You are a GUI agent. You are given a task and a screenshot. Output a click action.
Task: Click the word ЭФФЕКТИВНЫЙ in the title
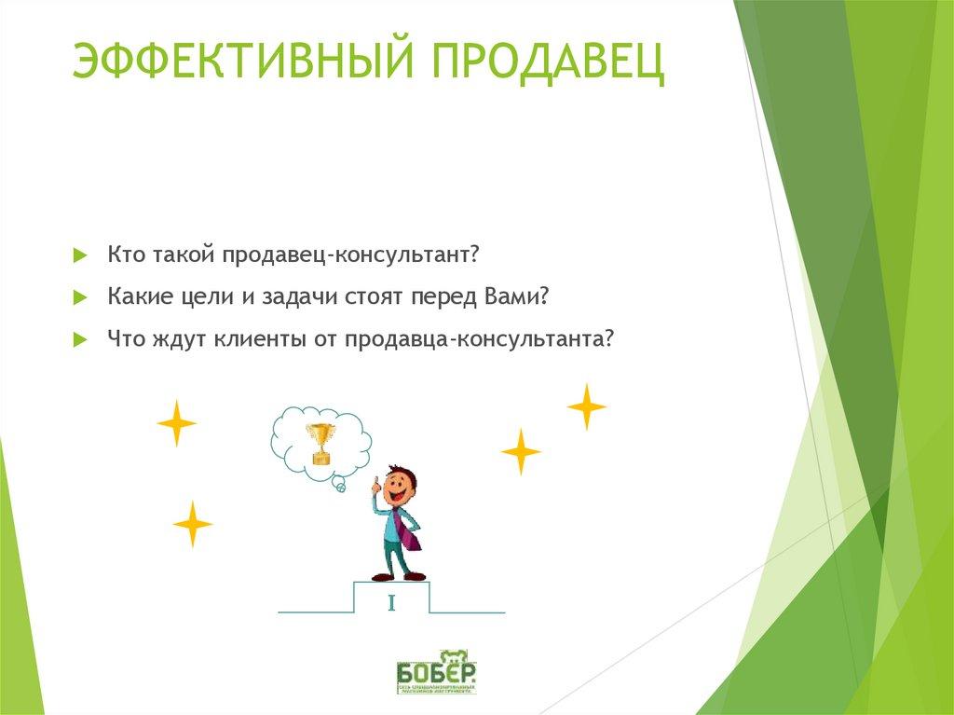pos(244,62)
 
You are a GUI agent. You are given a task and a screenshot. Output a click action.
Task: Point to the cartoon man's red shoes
pos(398,575)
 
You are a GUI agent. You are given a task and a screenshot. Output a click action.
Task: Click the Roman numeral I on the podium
pos(392,603)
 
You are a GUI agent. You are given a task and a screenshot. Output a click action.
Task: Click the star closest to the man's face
pos(521,452)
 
